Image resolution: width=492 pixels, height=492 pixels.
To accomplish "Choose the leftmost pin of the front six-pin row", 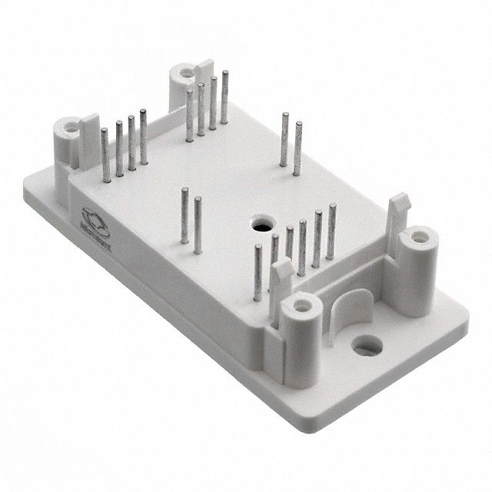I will tap(260, 265).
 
